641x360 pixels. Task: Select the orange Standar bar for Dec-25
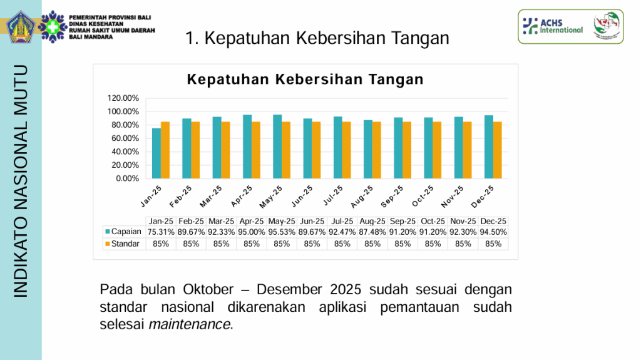pos(498,150)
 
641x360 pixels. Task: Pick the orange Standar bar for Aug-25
pos(377,150)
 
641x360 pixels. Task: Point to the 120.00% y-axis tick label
pos(123,98)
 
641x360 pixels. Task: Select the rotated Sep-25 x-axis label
pos(392,195)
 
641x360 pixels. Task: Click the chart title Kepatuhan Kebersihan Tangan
pos(305,80)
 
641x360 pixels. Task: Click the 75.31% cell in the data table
pos(160,232)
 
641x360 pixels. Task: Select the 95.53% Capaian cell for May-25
pos(282,232)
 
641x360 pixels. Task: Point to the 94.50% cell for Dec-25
pos(493,232)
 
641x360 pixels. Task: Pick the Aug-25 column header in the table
pos(372,221)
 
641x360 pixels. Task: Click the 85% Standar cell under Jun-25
pos(312,244)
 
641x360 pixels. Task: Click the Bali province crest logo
pos(22,26)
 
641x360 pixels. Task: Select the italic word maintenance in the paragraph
pos(190,324)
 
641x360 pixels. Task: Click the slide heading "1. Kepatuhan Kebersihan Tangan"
pos(318,38)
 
